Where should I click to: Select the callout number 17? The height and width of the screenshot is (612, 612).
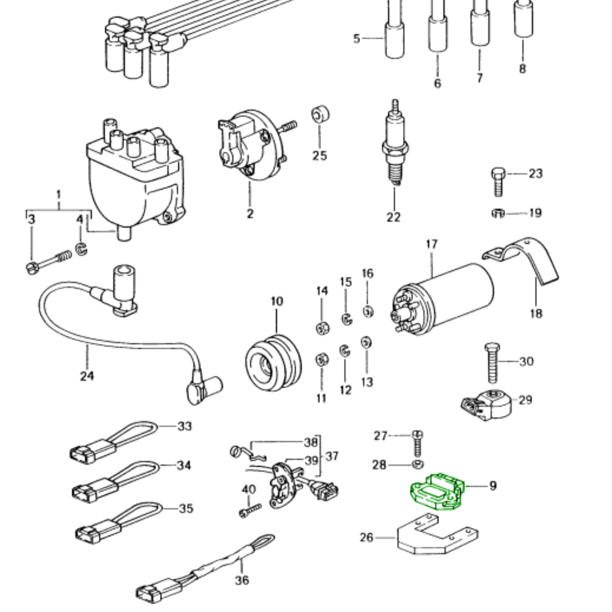coord(432,244)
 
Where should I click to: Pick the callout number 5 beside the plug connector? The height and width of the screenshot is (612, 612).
coord(357,39)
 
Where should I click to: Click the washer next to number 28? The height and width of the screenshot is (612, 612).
coord(418,465)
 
